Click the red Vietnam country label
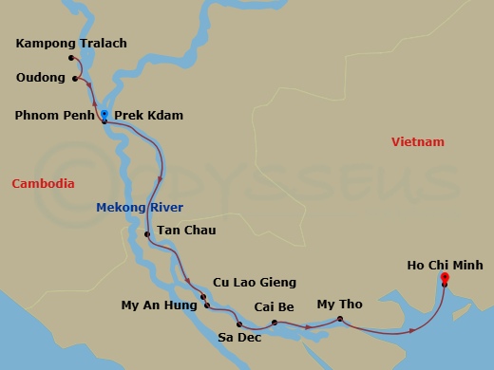coord(418,142)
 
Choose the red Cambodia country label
coord(43,183)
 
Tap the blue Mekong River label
coord(140,207)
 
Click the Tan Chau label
coord(186,231)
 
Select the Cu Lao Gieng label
coord(255,282)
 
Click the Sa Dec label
coord(238,337)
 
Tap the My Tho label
coord(339,304)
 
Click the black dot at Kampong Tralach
coord(71,58)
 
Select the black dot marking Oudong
coord(75,78)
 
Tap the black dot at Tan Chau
coord(147,233)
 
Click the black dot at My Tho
coord(339,319)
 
